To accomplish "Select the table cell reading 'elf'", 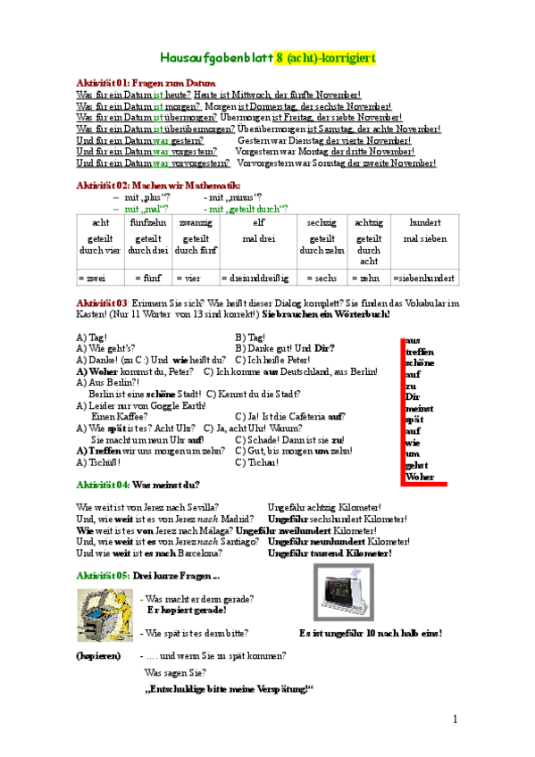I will click(259, 221).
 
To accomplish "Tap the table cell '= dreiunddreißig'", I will click(259, 279).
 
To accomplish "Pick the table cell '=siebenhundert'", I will click(424, 279).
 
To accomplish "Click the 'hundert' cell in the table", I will click(424, 221).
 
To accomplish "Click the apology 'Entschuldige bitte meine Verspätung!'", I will click(229, 688).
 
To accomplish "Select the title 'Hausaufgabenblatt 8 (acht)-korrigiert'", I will click(267, 57).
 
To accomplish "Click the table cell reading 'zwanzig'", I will click(195, 221).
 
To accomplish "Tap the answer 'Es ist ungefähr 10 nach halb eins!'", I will click(371, 633).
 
